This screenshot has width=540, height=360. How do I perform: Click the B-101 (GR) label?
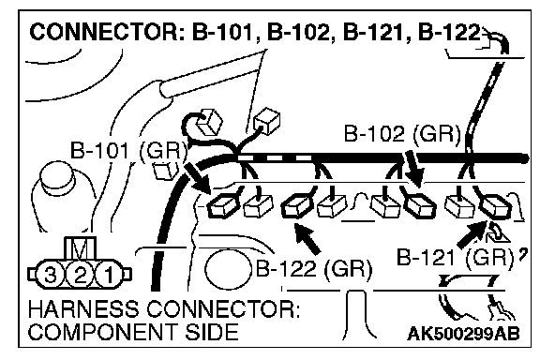[x=128, y=151]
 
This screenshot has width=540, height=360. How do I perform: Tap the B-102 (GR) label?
[x=402, y=133]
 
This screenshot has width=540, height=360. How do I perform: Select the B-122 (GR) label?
[x=314, y=268]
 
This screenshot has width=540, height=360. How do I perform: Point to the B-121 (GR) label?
[x=456, y=257]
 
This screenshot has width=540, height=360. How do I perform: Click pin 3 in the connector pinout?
[x=51, y=275]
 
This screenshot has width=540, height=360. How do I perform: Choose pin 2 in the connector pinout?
[x=80, y=275]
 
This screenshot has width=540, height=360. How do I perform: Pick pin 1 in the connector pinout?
[x=109, y=275]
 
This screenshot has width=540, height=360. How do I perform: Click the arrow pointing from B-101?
[x=198, y=177]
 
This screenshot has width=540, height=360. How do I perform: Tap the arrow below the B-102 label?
[x=413, y=168]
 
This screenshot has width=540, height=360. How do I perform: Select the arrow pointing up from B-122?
[x=307, y=239]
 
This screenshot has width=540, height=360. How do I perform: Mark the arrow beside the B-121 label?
[x=472, y=234]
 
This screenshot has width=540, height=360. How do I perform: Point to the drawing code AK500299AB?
[x=463, y=333]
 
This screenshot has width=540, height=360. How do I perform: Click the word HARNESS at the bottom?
[x=82, y=309]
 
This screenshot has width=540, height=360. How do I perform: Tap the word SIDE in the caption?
[x=212, y=332]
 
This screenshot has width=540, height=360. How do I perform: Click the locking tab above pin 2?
[x=80, y=248]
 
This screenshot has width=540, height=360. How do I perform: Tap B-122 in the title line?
[x=449, y=32]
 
